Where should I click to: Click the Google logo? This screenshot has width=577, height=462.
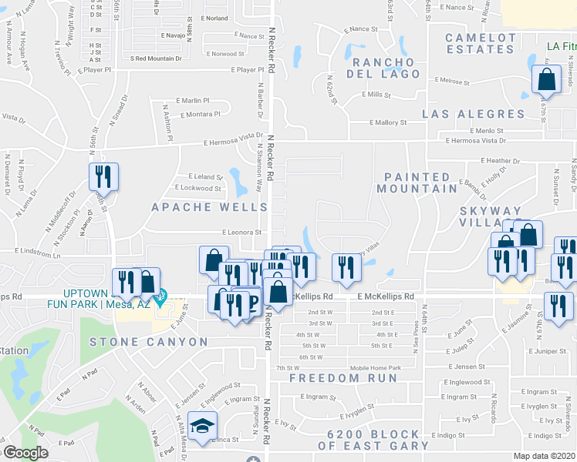click(x=25, y=452)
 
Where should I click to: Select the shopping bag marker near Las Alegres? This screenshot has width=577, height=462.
click(x=546, y=79)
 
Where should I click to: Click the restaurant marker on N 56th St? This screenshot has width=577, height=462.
click(x=102, y=177)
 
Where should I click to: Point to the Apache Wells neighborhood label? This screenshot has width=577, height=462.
click(x=209, y=207)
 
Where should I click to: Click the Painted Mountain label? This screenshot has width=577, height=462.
click(x=417, y=182)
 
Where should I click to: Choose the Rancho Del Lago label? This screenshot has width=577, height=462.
click(x=383, y=69)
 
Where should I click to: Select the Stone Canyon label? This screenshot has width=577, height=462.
click(x=148, y=342)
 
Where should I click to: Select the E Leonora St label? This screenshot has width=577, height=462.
click(x=241, y=232)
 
